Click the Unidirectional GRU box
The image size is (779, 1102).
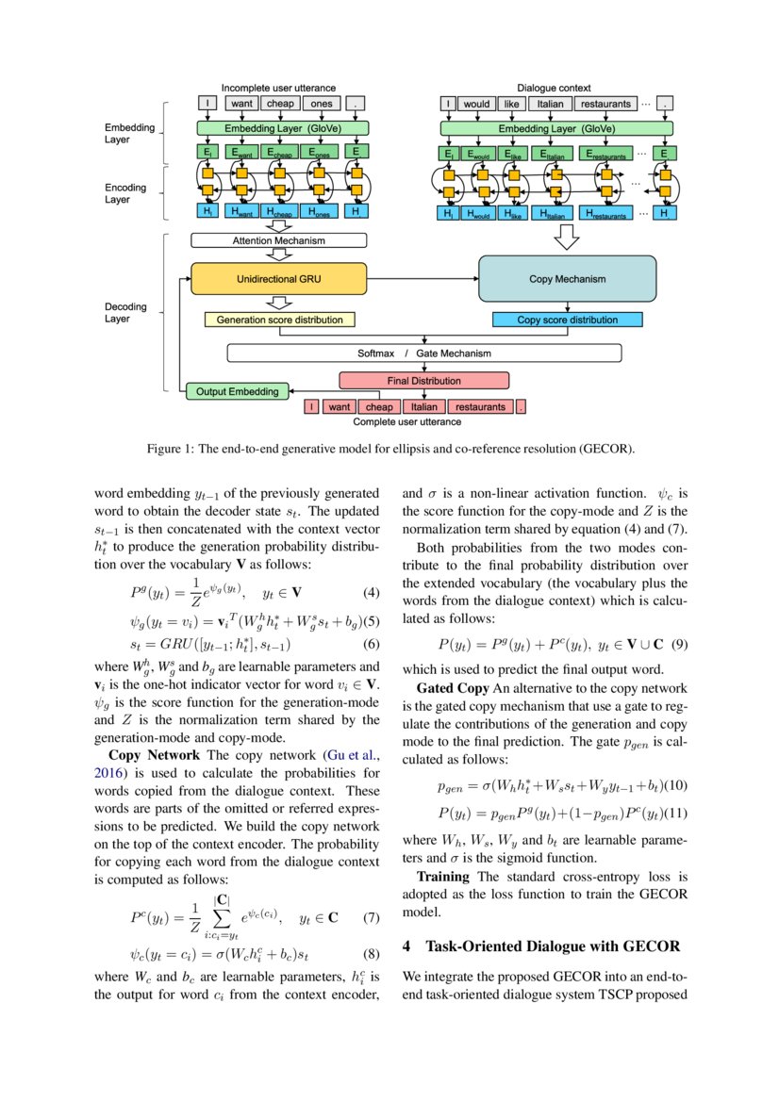[x=277, y=279]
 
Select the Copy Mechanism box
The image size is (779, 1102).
[x=567, y=279]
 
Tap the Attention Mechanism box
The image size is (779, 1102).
[x=278, y=240]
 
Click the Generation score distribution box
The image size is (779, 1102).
[x=280, y=320]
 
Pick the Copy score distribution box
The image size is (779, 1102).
[x=567, y=320]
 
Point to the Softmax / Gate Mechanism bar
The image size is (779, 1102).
[x=423, y=354]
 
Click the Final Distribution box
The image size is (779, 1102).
[x=423, y=381]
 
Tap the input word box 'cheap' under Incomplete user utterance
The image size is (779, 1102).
[x=281, y=104]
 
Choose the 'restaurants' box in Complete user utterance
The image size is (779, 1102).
[x=479, y=407]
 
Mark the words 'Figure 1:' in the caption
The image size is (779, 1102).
[x=170, y=449]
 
